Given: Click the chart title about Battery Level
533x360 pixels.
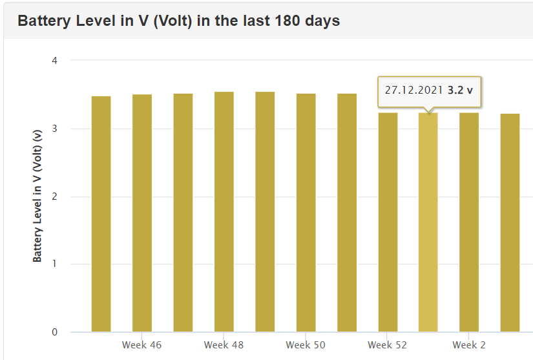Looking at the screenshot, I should point(178,21).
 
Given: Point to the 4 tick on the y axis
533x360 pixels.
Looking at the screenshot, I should point(54,61).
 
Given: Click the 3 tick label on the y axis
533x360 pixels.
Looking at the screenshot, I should point(54,129).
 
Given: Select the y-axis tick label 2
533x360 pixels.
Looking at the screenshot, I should point(54,196).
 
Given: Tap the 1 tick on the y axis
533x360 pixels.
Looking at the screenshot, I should point(54,264).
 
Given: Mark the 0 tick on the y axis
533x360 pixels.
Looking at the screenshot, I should point(54,332).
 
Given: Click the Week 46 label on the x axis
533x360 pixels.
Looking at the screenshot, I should point(141,345).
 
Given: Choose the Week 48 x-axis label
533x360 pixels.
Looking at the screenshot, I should point(224,345).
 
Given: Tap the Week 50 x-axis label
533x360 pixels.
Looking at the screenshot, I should point(306,345).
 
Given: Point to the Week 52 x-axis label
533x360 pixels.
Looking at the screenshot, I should point(388,345).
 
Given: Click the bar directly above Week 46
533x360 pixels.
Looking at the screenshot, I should point(142,213).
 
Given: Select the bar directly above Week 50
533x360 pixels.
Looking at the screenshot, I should point(306,213).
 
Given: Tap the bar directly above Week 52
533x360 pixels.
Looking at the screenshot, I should point(388,222).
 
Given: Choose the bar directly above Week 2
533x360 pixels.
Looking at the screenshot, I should point(469,222).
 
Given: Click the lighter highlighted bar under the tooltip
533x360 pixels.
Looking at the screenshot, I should point(428,222).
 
